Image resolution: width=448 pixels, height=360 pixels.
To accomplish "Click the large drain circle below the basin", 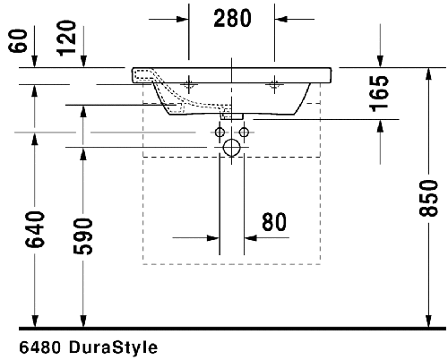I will (x=231, y=149).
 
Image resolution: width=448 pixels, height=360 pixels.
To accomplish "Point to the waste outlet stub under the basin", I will (x=231, y=115).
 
